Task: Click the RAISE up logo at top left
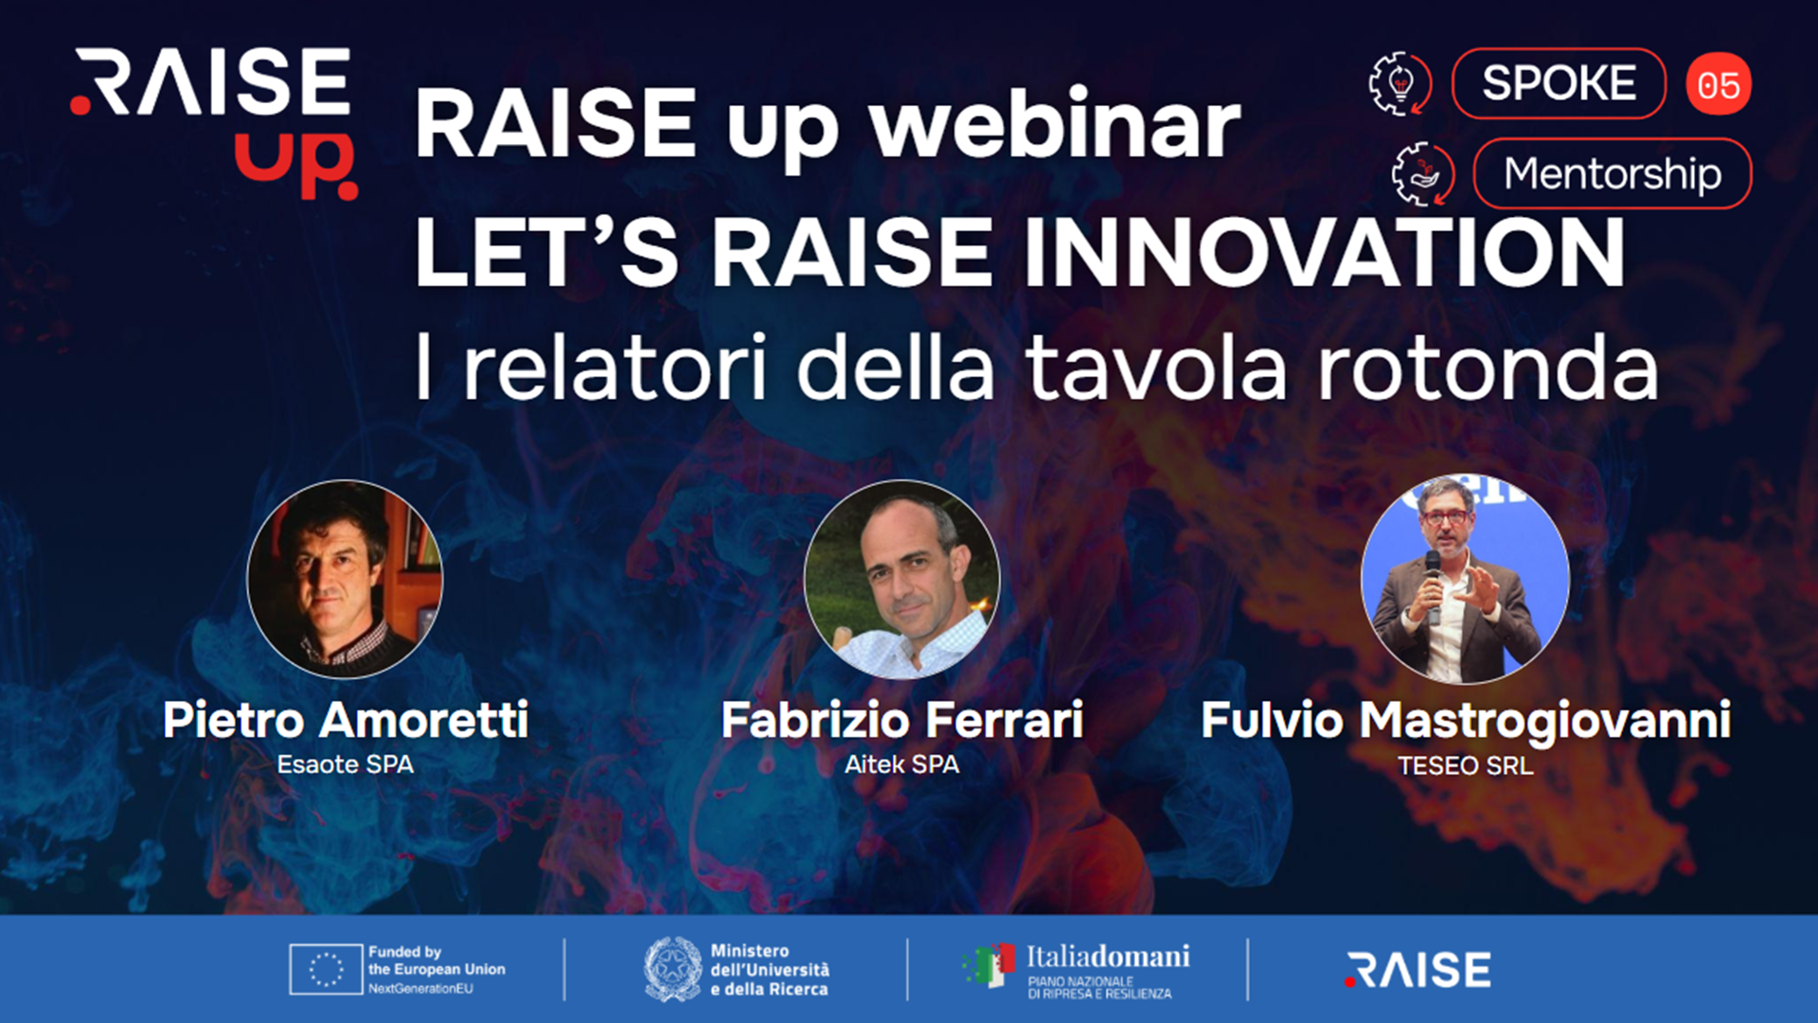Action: pos(214,123)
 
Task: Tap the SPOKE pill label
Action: pos(1559,83)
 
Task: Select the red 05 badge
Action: pos(1719,84)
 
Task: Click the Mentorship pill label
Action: pos(1613,173)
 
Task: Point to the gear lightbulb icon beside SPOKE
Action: pos(1400,84)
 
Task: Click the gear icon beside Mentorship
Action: pos(1423,174)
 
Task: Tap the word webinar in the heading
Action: pos(1055,124)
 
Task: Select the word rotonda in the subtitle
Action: pos(1488,368)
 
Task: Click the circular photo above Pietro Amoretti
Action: pos(345,579)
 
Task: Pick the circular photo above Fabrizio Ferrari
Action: pos(901,579)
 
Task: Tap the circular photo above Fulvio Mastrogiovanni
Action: pos(1465,579)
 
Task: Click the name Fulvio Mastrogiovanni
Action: pos(1466,720)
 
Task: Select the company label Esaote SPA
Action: pos(346,764)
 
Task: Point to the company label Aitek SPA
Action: pos(901,764)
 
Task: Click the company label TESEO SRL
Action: pos(1466,765)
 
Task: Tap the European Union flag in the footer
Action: pos(326,969)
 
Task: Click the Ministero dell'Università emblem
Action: pos(672,969)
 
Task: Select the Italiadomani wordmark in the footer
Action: pos(1108,957)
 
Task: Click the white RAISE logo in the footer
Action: pos(1417,970)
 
